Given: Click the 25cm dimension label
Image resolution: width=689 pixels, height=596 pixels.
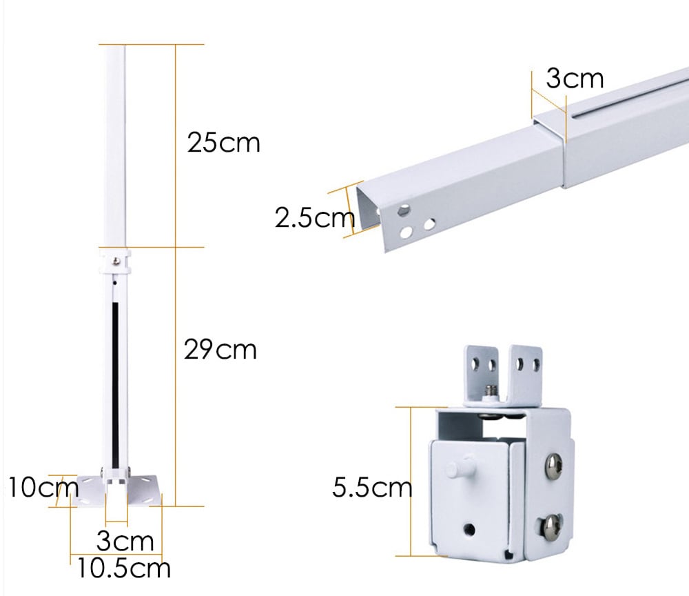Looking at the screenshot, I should tap(224, 143).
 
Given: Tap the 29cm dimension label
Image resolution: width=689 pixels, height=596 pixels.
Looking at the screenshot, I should tap(220, 350).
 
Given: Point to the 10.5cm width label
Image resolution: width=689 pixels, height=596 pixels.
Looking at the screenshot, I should tap(123, 568).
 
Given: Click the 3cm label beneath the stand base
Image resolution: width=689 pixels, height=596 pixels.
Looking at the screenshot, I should tap(125, 541).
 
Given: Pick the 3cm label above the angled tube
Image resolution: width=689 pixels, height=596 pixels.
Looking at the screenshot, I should tap(575, 79).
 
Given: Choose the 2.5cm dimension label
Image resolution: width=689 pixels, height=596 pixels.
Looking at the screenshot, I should tap(314, 219).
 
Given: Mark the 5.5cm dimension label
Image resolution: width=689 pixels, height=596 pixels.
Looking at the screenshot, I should tap(371, 488).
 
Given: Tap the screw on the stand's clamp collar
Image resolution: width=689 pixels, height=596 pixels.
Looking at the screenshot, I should tap(117, 260).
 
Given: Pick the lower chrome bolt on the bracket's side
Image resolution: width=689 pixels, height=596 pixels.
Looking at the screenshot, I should tap(551, 528).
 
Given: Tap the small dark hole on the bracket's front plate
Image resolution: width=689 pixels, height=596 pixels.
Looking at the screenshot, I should tap(470, 529).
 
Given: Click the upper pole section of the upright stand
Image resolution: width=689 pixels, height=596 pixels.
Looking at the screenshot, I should tap(115, 145).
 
